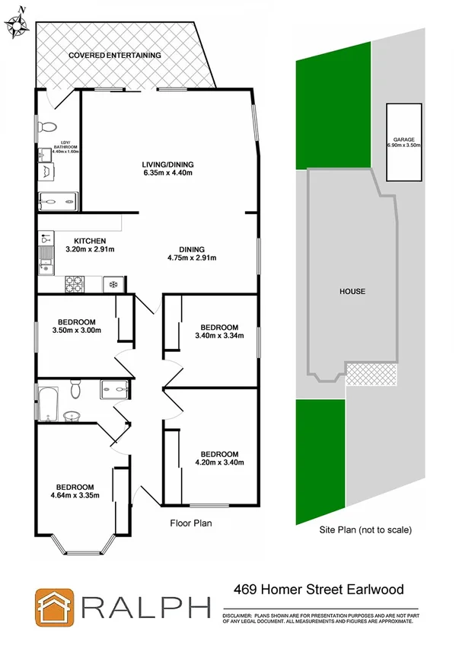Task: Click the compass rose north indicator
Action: [17, 24]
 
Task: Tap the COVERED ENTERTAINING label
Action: [114, 56]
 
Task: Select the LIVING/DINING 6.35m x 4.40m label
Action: [167, 168]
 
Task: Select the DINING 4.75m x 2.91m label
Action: [192, 253]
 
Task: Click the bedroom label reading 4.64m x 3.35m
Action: [74, 491]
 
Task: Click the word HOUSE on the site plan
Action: [352, 292]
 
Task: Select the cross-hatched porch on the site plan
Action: [371, 374]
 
